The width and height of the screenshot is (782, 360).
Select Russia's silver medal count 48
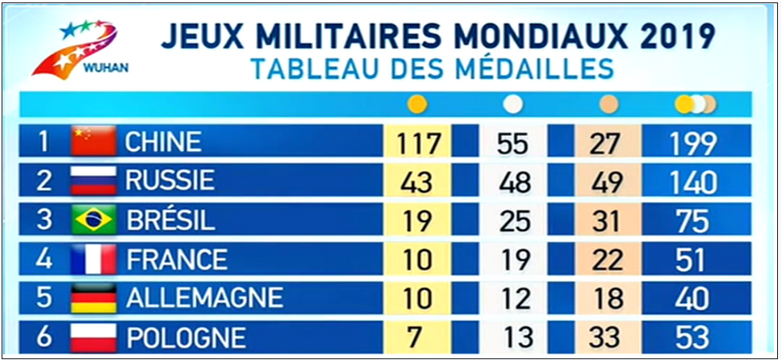point(514,182)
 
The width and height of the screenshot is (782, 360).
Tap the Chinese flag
point(94,142)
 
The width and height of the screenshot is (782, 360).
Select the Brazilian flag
point(94,220)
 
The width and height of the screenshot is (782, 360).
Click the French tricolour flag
point(94,260)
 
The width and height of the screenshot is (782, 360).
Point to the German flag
point(94,299)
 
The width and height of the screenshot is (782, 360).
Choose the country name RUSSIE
point(170,181)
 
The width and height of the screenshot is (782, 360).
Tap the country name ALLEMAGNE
point(204,299)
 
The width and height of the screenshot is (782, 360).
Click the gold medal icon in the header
point(417,104)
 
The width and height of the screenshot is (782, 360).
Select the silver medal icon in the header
point(512,104)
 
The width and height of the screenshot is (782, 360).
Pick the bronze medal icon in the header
point(608,104)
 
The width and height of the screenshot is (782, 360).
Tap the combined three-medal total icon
point(695,104)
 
